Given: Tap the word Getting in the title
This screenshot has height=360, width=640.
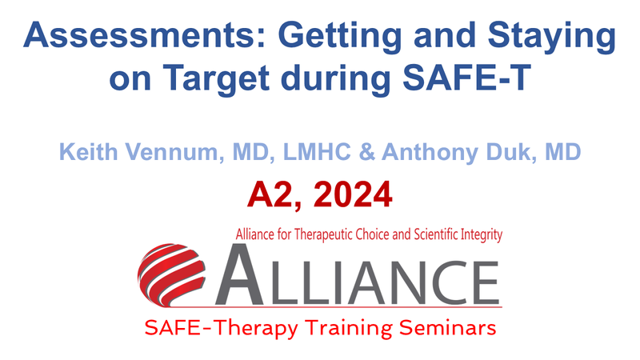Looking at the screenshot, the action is point(340,38).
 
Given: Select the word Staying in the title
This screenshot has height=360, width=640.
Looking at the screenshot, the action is point(551,38).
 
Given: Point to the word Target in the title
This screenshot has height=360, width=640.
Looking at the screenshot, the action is point(216,79).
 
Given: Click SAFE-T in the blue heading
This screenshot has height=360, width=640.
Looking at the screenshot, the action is point(466,78).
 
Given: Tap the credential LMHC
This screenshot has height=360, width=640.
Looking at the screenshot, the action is point(317,152).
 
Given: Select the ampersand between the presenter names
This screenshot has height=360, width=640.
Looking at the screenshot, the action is point(367,152).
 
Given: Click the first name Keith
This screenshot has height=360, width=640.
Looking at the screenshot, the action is point(88,152).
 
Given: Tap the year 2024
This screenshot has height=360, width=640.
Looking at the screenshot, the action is point(353,194).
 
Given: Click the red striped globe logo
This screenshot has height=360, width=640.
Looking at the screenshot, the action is point(171,274).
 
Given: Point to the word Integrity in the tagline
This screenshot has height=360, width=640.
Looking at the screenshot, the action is point(482,235).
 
